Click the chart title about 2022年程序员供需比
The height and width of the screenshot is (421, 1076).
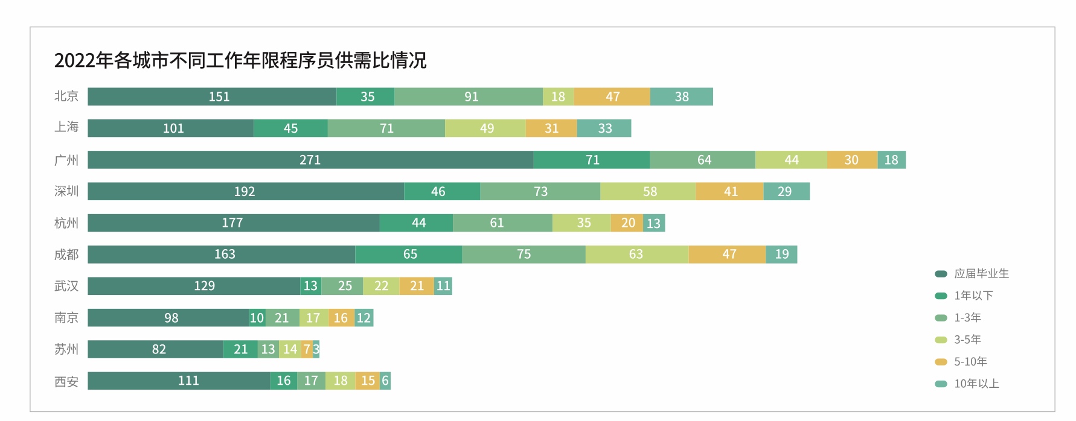(240, 60)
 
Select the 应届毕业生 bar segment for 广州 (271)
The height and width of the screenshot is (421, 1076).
(310, 160)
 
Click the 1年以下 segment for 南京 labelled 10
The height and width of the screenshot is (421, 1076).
(257, 318)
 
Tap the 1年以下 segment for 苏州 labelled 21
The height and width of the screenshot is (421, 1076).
(240, 349)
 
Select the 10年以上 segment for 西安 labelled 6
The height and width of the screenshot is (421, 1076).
(385, 381)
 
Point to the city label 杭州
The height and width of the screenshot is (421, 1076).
(66, 223)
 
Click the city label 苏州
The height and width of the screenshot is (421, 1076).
(66, 349)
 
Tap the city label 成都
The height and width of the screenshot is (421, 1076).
(66, 255)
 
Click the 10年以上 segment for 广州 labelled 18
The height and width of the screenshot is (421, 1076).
(891, 160)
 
